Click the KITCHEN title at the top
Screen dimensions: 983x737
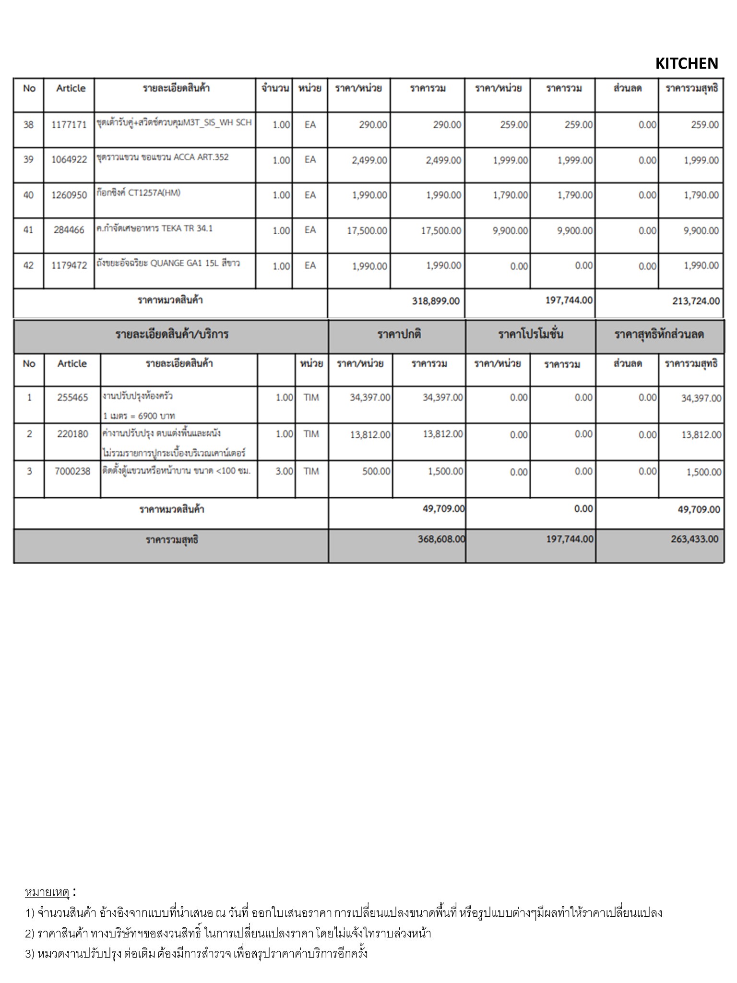pyautogui.click(x=686, y=63)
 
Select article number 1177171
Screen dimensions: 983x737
pyautogui.click(x=69, y=125)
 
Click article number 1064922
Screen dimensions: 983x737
pyautogui.click(x=69, y=160)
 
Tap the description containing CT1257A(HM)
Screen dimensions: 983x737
pyautogui.click(x=138, y=193)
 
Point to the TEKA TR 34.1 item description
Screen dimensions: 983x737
pyautogui.click(x=154, y=228)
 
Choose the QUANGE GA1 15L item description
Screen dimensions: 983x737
pyautogui.click(x=168, y=264)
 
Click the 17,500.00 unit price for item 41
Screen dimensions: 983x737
pyautogui.click(x=367, y=231)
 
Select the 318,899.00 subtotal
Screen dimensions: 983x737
pyautogui.click(x=436, y=301)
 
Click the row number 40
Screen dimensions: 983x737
pyautogui.click(x=28, y=195)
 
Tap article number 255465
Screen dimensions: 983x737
pyautogui.click(x=72, y=398)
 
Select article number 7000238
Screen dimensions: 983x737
pyautogui.click(x=72, y=471)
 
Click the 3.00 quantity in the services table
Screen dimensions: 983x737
pyautogui.click(x=284, y=471)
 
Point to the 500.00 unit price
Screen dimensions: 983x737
pyautogui.click(x=376, y=471)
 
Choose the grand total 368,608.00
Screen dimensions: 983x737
pyautogui.click(x=441, y=539)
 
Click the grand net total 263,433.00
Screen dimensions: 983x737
pyautogui.click(x=694, y=539)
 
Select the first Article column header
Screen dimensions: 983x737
pyautogui.click(x=71, y=88)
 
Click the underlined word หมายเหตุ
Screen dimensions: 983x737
pyautogui.click(x=47, y=892)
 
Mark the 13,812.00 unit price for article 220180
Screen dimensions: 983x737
pyautogui.click(x=370, y=435)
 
